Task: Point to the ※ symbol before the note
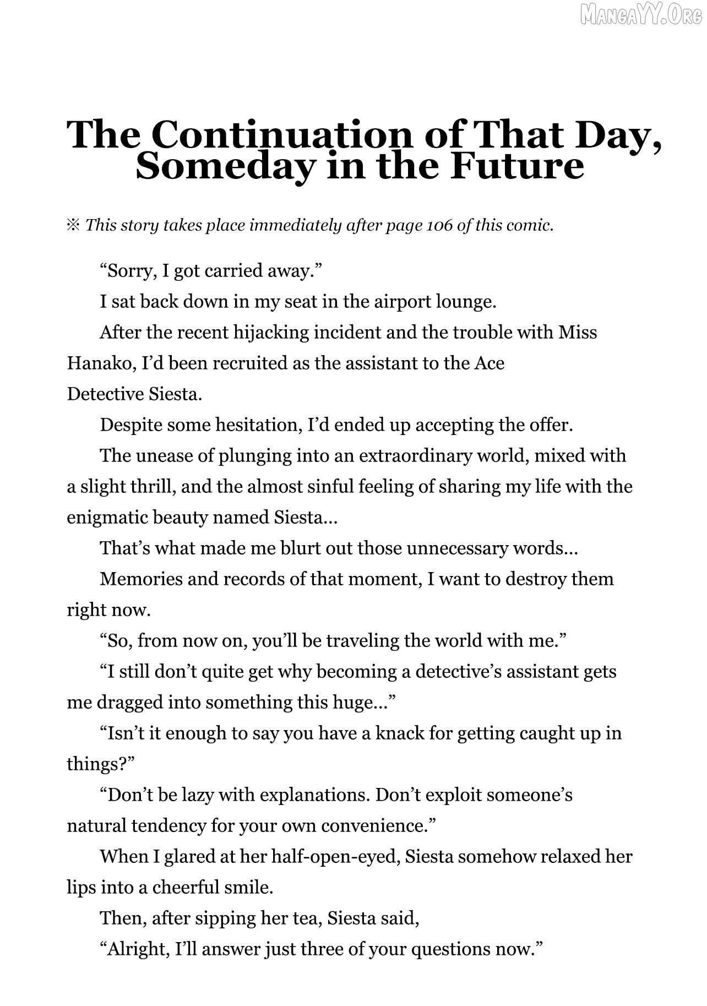73,225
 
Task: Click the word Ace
489,363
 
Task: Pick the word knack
400,733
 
